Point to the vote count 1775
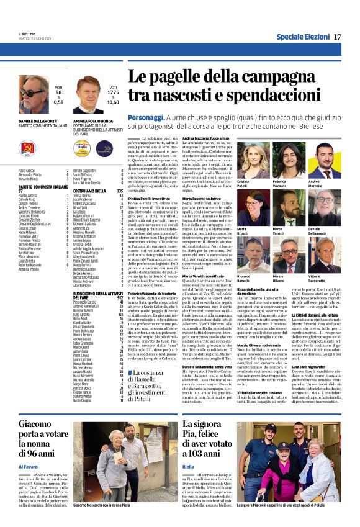pos(112,92)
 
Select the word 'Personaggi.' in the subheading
pos(146,117)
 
